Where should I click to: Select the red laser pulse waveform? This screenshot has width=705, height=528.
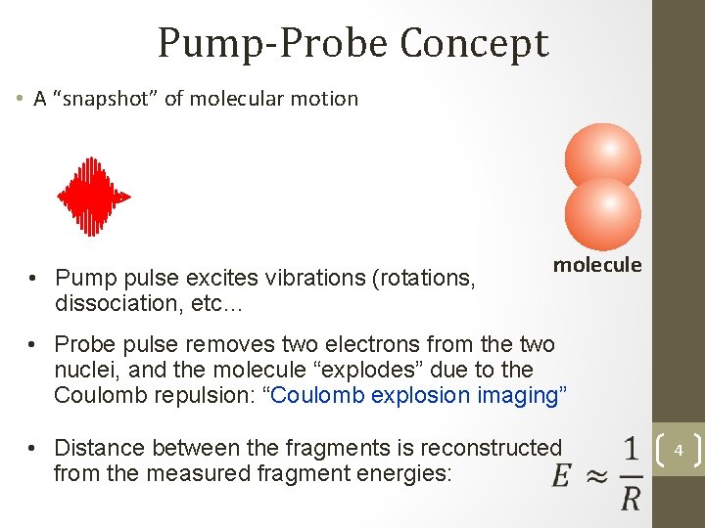coord(93,197)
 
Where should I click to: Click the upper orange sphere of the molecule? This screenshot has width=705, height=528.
coord(603,157)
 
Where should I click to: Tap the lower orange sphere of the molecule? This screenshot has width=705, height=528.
coord(603,212)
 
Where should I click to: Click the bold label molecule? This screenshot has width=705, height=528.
coord(597,264)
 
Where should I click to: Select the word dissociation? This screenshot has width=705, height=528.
coord(113,303)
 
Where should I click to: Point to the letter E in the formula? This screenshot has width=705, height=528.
coord(561,474)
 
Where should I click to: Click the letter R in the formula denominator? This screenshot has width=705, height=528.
coord(632,499)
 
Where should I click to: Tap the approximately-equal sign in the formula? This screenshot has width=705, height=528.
coord(597,474)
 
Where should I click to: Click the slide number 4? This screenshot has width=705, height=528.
coord(679,452)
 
